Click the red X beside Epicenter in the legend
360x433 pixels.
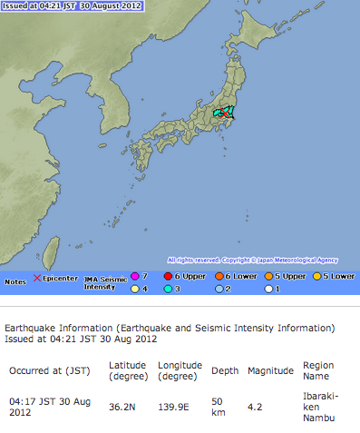(x=37, y=278)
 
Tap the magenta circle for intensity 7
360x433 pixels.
(x=135, y=276)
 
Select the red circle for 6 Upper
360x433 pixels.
(x=170, y=276)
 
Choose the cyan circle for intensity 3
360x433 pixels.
(x=170, y=289)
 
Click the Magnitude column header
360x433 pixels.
(x=270, y=371)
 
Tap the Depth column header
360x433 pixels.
(x=226, y=371)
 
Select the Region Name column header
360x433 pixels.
(x=318, y=370)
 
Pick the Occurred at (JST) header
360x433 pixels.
(x=47, y=371)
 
